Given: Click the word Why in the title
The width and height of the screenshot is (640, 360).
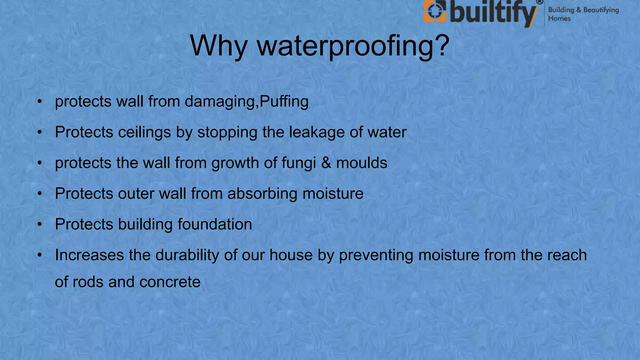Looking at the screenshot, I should [218, 46].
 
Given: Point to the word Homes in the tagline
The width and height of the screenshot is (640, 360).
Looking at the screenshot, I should [559, 19].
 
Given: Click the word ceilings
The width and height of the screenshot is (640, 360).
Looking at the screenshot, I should [144, 132].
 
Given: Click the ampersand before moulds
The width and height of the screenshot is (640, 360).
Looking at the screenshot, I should [326, 163].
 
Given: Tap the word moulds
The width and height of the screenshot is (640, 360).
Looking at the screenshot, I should [362, 163].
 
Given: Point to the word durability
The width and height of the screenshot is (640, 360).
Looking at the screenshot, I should [187, 255].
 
